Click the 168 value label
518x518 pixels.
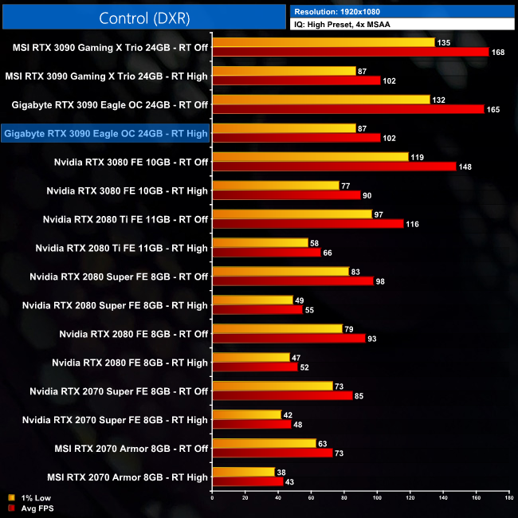[x=499, y=53]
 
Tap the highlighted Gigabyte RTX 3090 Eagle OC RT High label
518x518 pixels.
[x=106, y=133]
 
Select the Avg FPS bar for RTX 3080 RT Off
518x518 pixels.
[x=334, y=167]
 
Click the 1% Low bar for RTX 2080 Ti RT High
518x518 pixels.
[x=260, y=242]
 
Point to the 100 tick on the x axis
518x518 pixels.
[x=377, y=499]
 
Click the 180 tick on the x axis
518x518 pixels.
[x=508, y=499]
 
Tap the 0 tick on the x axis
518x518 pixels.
[x=212, y=499]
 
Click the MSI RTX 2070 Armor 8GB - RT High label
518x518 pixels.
[x=127, y=477]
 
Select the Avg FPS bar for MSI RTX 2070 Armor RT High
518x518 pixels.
[x=248, y=481]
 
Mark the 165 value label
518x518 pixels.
[x=493, y=109]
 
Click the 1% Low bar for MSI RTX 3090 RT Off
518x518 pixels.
[x=323, y=42]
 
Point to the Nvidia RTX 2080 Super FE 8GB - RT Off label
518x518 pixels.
[x=119, y=277]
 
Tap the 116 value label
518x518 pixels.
[x=414, y=224]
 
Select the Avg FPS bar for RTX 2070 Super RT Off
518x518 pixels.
[x=282, y=395]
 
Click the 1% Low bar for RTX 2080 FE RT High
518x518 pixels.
[x=251, y=357]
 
